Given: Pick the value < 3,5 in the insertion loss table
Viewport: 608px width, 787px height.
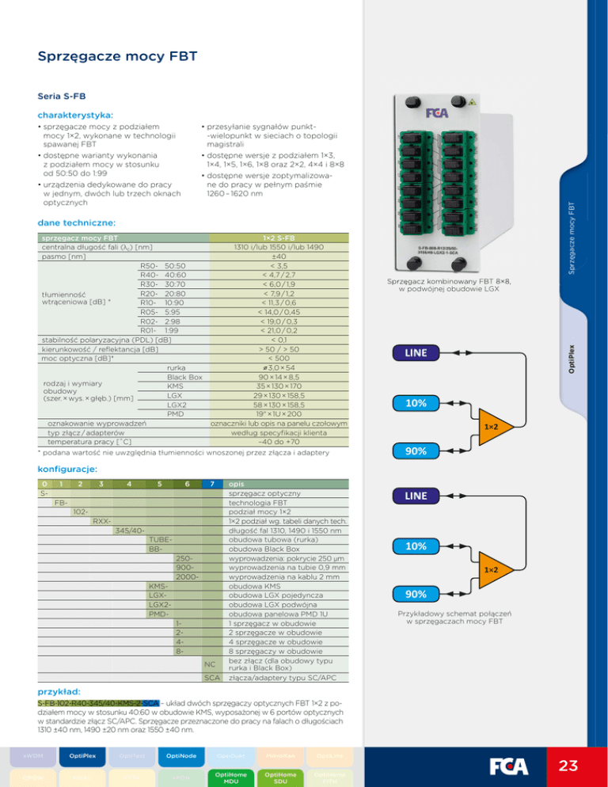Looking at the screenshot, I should point(279,265).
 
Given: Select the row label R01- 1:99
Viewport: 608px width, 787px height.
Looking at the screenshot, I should point(162,329).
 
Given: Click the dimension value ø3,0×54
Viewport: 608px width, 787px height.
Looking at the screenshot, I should point(279,368).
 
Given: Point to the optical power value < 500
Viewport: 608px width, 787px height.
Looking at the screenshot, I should point(279,358).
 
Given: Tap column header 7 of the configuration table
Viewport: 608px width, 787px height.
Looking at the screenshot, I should point(211,482).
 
